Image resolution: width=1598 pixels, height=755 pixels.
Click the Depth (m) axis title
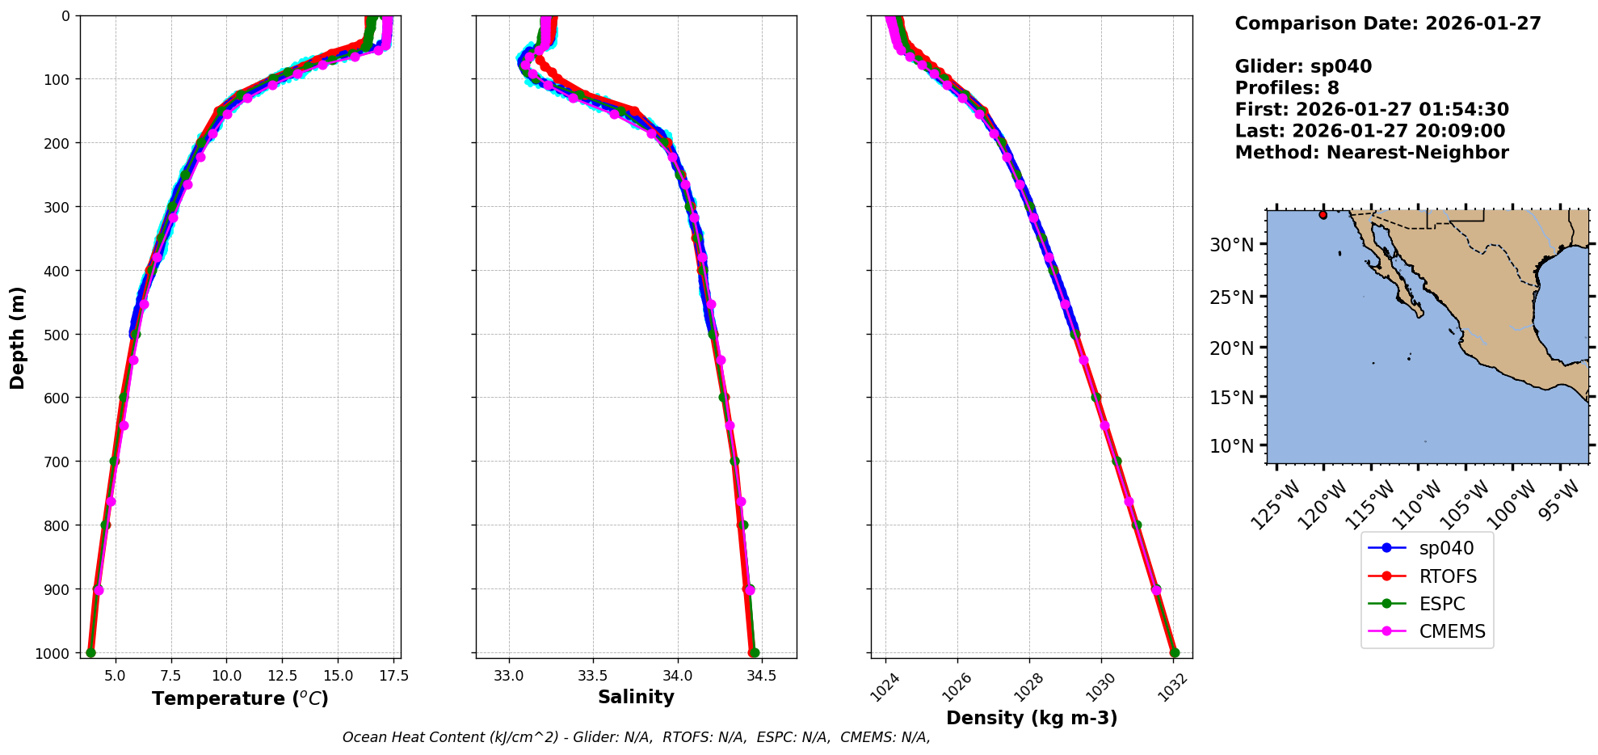[x=18, y=337]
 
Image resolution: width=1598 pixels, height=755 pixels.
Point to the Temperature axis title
[x=240, y=698]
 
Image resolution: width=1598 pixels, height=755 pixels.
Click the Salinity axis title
[x=636, y=697]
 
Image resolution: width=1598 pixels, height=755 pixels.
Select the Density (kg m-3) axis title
[x=1032, y=718]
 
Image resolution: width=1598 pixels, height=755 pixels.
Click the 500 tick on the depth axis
[x=58, y=334]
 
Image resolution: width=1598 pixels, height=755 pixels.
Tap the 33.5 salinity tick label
[x=592, y=676]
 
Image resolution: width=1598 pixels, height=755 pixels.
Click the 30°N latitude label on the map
[x=1231, y=245]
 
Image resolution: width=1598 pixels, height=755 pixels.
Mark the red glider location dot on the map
[x=1323, y=215]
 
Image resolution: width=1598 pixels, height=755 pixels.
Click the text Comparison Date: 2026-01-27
[x=1387, y=23]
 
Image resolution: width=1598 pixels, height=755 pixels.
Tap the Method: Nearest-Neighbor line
[x=1371, y=153]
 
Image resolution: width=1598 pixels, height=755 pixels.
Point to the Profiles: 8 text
[x=1286, y=88]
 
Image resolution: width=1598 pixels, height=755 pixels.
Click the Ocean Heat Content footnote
[x=636, y=737]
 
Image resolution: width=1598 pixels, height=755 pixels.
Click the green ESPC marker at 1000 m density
[x=1175, y=652]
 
